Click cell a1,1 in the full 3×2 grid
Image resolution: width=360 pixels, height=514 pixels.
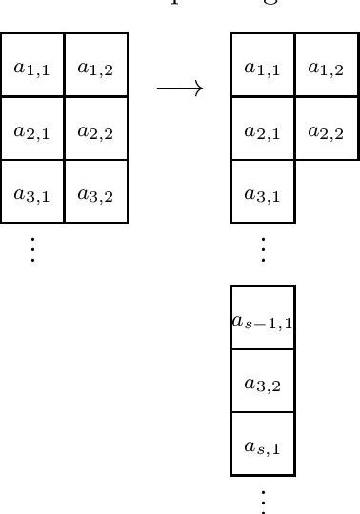(32, 66)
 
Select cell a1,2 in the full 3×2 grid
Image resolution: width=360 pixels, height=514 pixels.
(96, 66)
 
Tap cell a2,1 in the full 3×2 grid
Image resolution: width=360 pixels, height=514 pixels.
(32, 128)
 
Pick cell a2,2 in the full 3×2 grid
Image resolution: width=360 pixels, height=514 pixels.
(96, 128)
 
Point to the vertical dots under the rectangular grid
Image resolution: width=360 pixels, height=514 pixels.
(32, 248)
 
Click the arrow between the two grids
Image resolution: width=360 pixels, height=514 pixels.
(180, 89)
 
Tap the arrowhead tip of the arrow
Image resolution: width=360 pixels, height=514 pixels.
(202, 89)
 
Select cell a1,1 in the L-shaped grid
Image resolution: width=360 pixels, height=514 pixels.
(263, 66)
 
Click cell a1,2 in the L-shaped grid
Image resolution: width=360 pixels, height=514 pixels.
(327, 66)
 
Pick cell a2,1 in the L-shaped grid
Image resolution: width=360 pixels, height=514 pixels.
(263, 128)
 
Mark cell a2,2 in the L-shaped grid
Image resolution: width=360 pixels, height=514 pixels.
(327, 128)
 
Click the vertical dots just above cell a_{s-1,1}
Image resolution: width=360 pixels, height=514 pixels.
(263, 248)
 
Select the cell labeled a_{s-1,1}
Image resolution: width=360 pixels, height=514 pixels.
(263, 319)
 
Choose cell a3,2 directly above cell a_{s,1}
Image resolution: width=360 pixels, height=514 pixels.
(263, 382)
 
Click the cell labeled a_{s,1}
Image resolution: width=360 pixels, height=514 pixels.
(263, 445)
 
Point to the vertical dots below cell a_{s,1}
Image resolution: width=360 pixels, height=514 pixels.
(263, 501)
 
